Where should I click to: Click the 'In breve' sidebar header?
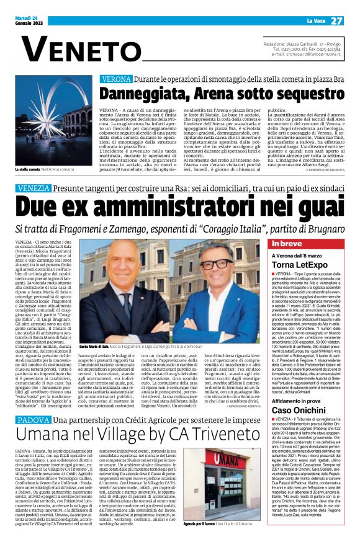coord(287,244)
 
